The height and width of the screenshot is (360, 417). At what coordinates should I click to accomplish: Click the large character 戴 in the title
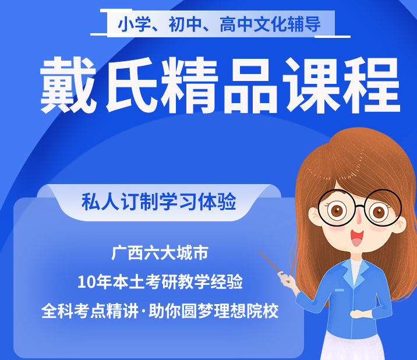point(68,84)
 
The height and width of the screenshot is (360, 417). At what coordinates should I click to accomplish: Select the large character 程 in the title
point(372,85)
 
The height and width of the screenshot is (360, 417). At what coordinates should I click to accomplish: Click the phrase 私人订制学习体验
point(159,202)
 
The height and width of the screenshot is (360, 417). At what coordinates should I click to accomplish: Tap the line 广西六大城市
point(160,252)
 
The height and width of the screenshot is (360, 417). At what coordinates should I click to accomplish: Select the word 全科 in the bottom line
point(58,310)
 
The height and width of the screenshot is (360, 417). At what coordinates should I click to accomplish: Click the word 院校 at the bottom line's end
point(263,310)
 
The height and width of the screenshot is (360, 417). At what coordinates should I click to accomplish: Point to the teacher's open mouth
point(356,238)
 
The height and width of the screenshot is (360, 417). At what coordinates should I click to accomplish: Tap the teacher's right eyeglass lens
point(383,208)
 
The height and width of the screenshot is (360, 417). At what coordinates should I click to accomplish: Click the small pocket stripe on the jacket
point(340,290)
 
